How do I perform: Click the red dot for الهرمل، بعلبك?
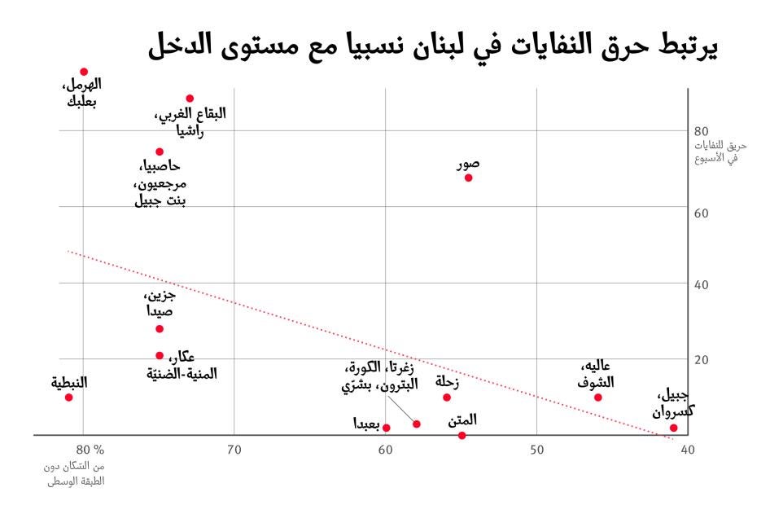click(84, 72)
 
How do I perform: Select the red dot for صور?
click(468, 178)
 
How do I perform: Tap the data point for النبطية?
click(68, 397)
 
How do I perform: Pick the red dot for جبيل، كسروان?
click(673, 428)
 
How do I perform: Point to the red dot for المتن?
click(462, 435)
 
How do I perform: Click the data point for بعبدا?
click(386, 428)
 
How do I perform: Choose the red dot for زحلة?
click(447, 397)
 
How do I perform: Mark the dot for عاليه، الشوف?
click(597, 397)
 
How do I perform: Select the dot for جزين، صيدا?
click(160, 328)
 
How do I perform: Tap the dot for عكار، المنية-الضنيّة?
click(160, 355)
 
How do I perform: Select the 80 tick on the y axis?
click(701, 130)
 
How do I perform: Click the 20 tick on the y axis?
click(701, 359)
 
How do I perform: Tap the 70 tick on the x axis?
click(234, 449)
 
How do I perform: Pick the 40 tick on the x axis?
click(687, 449)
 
